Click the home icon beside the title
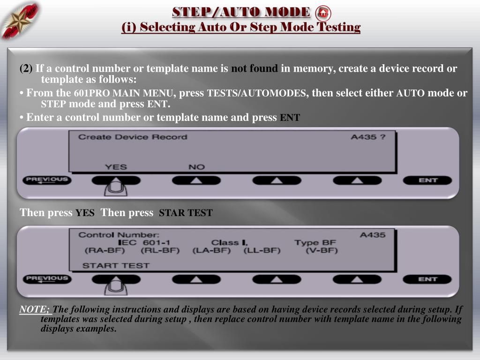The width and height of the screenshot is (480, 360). click(x=323, y=13)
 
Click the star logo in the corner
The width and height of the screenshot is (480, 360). click(x=20, y=21)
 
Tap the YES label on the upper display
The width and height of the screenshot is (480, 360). click(x=116, y=167)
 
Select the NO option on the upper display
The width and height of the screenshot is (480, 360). click(x=196, y=167)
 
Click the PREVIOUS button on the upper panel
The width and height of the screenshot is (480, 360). click(x=47, y=180)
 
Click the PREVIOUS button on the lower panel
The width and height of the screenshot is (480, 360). click(x=47, y=279)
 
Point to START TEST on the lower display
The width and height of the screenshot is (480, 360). click(x=116, y=265)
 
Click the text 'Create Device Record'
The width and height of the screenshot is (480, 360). click(x=133, y=137)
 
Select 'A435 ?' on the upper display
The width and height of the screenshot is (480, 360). click(x=368, y=137)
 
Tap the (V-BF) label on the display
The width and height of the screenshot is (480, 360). click(x=322, y=250)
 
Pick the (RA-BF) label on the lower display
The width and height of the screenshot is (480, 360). click(x=105, y=250)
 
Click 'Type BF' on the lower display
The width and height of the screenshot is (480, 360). click(x=315, y=242)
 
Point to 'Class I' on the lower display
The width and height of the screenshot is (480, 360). click(x=229, y=242)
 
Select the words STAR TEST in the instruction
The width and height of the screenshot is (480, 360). click(x=186, y=212)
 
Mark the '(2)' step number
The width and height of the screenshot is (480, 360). click(x=26, y=68)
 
